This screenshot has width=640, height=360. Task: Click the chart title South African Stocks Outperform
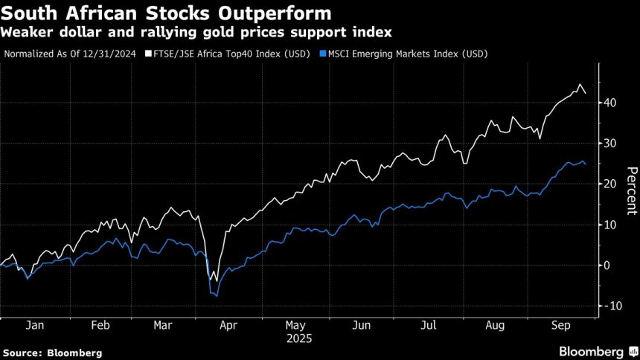167,13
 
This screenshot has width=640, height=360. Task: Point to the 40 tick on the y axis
609,103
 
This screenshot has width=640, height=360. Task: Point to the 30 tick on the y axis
609,144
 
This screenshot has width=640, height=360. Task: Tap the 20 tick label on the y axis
609,184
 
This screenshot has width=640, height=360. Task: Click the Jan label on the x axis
34,325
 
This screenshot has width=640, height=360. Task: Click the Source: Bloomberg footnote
52,352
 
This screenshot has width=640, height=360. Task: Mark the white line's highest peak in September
578,85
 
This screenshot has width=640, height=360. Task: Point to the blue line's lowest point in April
216,296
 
